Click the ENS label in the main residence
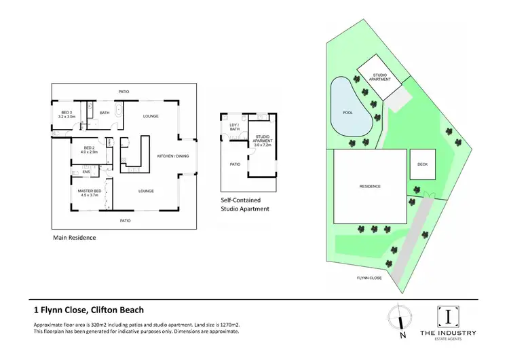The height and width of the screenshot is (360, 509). [87, 172]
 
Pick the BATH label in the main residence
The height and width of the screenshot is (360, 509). [105, 113]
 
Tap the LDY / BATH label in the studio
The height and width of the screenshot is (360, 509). [234, 126]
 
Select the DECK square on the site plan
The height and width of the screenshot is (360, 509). [422, 164]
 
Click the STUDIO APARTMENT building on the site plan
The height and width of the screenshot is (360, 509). [379, 77]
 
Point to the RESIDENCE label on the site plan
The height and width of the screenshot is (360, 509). [370, 186]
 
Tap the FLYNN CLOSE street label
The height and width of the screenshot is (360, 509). [370, 278]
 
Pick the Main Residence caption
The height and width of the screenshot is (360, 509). [74, 238]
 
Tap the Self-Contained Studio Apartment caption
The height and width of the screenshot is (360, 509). [246, 205]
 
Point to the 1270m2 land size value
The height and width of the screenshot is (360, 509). [223, 325]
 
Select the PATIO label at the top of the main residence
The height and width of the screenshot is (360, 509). [124, 91]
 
